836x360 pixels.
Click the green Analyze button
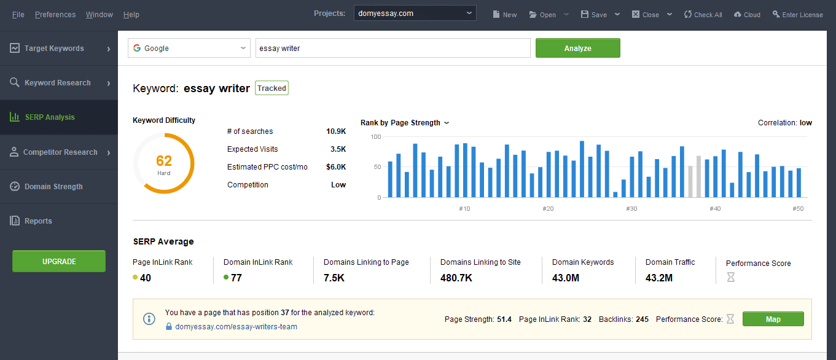[577, 48]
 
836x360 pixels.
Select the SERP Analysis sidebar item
[49, 117]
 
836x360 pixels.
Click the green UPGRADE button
[59, 261]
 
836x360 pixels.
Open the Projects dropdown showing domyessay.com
[415, 13]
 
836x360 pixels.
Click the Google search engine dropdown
[189, 48]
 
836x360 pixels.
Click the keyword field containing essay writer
[393, 48]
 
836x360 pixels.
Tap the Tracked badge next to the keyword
[272, 88]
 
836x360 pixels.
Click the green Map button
[773, 319]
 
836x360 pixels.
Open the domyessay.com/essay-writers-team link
[236, 327]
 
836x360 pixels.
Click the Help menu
[131, 15]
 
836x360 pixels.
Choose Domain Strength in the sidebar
[53, 186]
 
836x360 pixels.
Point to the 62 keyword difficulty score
[164, 161]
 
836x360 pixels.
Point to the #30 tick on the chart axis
[631, 209]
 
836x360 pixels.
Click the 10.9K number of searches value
[336, 131]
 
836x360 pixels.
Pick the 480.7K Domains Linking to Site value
[456, 278]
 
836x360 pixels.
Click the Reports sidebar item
[38, 221]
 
